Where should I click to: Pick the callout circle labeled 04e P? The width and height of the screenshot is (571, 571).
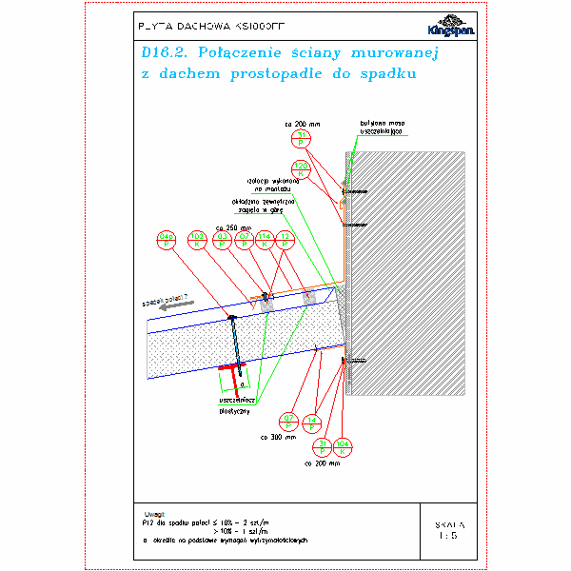click(x=166, y=240)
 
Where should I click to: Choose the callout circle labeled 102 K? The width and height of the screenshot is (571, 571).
click(x=197, y=240)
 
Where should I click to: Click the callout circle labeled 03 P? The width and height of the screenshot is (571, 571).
click(x=221, y=240)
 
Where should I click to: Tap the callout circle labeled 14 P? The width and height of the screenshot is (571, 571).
click(x=313, y=423)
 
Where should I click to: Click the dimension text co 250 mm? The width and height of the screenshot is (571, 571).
click(x=232, y=226)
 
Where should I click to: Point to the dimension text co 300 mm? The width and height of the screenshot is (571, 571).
click(x=283, y=438)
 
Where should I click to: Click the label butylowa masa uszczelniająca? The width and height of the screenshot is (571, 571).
click(x=378, y=128)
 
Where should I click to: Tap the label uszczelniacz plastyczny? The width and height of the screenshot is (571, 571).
click(x=233, y=406)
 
